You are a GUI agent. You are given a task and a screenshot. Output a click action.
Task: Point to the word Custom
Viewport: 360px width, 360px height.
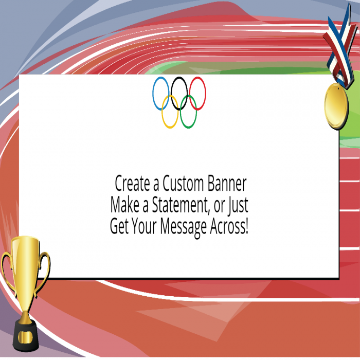point(184,184)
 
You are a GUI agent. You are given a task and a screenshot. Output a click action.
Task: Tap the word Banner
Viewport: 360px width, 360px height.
point(228,184)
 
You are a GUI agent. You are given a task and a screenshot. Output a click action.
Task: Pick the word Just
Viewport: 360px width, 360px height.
point(238,205)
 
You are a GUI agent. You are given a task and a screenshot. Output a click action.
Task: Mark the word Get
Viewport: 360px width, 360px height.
point(119,226)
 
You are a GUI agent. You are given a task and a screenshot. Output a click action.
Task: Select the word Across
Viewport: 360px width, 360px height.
point(229,226)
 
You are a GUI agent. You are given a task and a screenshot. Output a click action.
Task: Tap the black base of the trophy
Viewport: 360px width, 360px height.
point(25,334)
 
